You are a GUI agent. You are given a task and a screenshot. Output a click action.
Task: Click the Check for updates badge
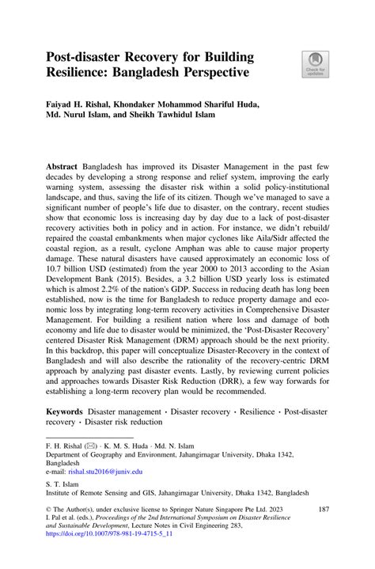tap(315, 64)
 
